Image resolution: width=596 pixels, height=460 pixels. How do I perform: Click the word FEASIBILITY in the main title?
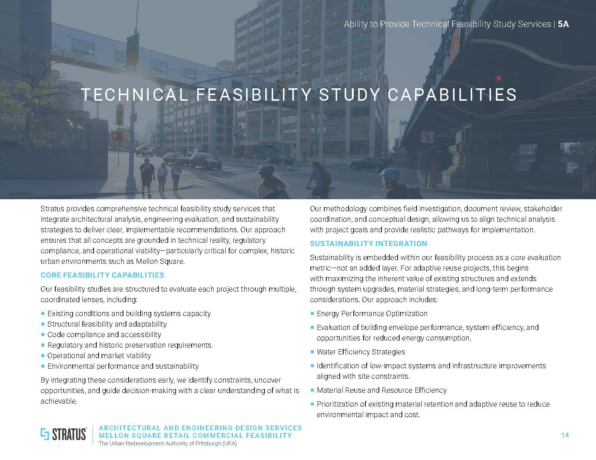(x=254, y=95)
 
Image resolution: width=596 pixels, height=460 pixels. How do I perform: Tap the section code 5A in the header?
(x=563, y=24)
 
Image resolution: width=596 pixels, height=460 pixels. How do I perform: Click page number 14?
(x=564, y=435)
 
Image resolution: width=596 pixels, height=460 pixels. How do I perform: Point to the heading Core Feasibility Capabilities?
(x=102, y=275)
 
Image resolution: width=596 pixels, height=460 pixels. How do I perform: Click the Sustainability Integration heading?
(x=368, y=244)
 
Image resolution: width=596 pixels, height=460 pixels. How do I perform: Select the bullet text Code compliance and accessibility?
(x=104, y=334)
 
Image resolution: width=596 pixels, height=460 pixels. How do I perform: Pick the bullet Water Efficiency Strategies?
(x=361, y=352)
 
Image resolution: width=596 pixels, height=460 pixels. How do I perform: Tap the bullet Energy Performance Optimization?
(x=372, y=313)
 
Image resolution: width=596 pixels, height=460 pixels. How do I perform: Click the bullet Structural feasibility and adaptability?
(x=107, y=324)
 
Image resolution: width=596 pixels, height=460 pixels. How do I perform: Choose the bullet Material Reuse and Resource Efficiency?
(x=382, y=390)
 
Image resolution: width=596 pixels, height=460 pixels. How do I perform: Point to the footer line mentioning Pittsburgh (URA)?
(x=168, y=443)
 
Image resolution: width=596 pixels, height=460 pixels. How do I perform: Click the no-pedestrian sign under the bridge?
(x=427, y=137)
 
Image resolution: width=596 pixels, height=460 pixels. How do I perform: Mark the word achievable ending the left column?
(x=58, y=401)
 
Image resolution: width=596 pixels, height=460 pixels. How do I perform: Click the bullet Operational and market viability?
(x=99, y=356)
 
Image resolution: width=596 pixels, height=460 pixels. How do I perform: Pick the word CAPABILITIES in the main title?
(x=452, y=95)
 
